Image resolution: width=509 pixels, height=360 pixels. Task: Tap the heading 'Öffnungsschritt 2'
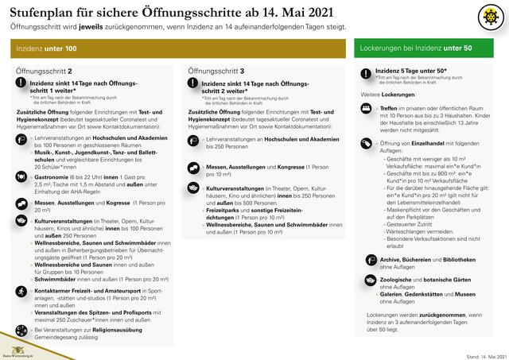pyautogui.click(x=45, y=72)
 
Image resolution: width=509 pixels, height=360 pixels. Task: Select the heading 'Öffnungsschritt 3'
pyautogui.click(x=216, y=72)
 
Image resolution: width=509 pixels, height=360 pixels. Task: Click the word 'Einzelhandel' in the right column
pyautogui.click(x=431, y=142)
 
